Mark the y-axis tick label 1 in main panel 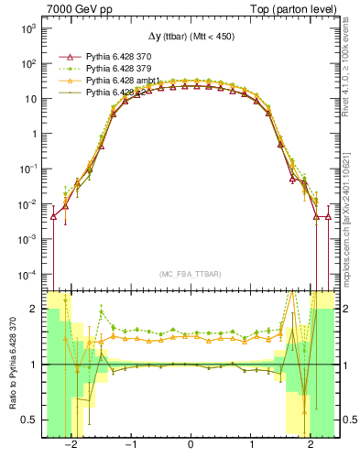[33, 134]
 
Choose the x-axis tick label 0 [190, 446]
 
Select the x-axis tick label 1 [250, 446]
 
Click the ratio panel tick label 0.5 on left [28, 420]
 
